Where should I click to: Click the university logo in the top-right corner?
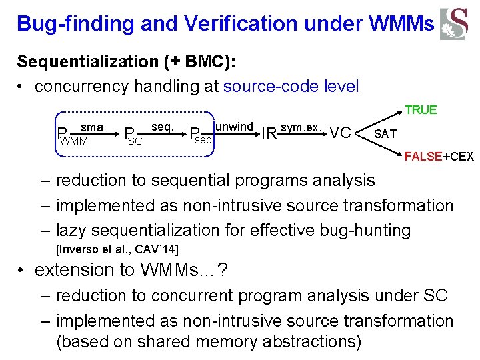tap(453, 24)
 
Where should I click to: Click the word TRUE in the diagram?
tap(421, 110)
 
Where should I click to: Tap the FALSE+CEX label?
tap(439, 157)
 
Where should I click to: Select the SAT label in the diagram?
tap(385, 134)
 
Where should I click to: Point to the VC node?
tap(340, 133)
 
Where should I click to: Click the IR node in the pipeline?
tap(269, 133)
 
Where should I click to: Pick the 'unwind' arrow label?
tap(234, 127)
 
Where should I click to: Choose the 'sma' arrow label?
tap(91, 127)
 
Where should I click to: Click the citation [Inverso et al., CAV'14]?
tap(117, 249)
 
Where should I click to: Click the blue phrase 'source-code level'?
tap(291, 86)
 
